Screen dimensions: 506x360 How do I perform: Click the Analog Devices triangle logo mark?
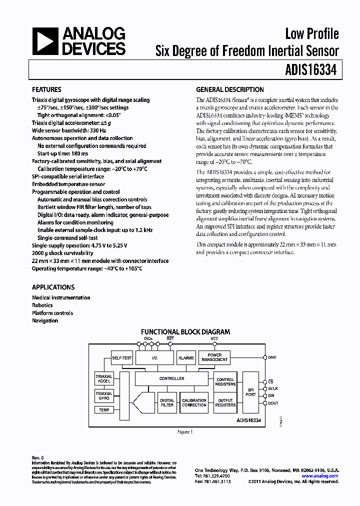[44, 41]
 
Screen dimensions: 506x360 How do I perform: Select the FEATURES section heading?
[46, 90]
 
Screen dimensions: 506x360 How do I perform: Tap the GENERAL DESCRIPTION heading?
[230, 90]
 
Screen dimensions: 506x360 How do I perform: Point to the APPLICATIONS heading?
[53, 287]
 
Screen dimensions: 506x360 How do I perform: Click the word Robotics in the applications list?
[42, 305]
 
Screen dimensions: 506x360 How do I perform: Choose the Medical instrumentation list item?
[61, 297]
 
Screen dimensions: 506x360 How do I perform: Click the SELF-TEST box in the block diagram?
[122, 358]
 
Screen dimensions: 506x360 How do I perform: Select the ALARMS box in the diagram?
[186, 358]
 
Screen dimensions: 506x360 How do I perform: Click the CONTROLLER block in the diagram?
[171, 378]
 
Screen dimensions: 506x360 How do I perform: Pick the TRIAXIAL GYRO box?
[104, 396]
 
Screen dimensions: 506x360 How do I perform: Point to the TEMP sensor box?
[104, 410]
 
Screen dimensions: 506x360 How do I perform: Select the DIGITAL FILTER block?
[167, 402]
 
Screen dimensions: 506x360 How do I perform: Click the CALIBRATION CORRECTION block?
[194, 402]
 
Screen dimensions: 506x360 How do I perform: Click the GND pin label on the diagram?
[272, 357]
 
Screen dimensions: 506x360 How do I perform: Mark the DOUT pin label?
[273, 403]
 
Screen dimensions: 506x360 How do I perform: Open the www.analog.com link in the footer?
[320, 476]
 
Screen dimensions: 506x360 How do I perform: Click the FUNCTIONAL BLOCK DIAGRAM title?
[185, 331]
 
